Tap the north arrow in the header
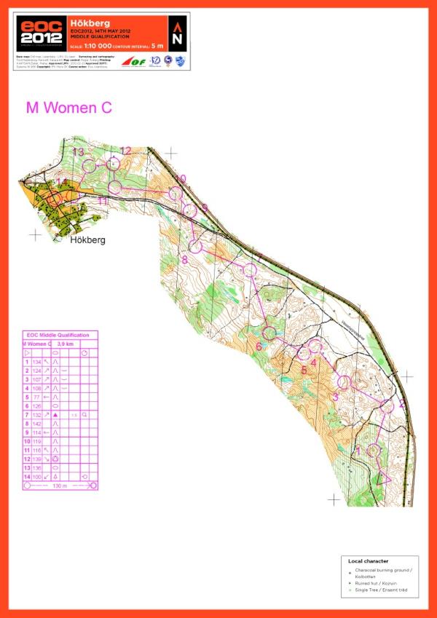point(178,33)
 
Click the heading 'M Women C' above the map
point(69,108)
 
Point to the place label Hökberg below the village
point(87,239)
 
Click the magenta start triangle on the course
point(382,478)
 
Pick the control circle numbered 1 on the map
point(374,450)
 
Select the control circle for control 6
point(269,333)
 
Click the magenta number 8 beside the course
point(184,258)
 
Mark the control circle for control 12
point(113,165)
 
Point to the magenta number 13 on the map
point(78,151)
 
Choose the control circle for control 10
point(175,193)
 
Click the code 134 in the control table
point(37,362)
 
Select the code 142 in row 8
point(37,423)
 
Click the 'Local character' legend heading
point(369,561)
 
